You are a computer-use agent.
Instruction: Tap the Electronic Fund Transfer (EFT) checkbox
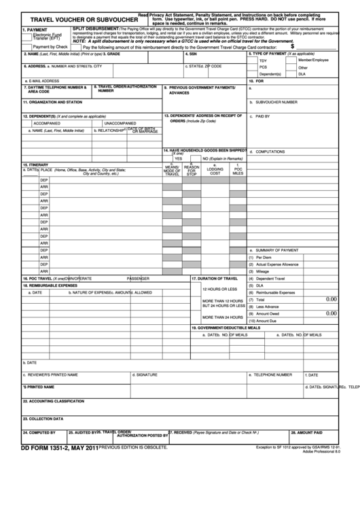pos(27,35)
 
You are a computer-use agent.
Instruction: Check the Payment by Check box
pos(27,46)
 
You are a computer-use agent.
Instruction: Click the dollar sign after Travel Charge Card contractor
pos(292,46)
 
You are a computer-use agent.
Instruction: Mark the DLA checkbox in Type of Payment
pos(291,74)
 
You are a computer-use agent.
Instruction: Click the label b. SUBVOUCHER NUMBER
pos(276,102)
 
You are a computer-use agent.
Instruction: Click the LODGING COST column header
pos(215,171)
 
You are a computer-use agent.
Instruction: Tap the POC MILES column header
pos(238,171)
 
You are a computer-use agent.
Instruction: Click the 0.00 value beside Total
pos(331,299)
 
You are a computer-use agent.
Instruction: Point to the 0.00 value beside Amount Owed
pos(331,313)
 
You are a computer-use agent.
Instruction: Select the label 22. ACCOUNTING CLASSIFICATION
pos(54,402)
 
